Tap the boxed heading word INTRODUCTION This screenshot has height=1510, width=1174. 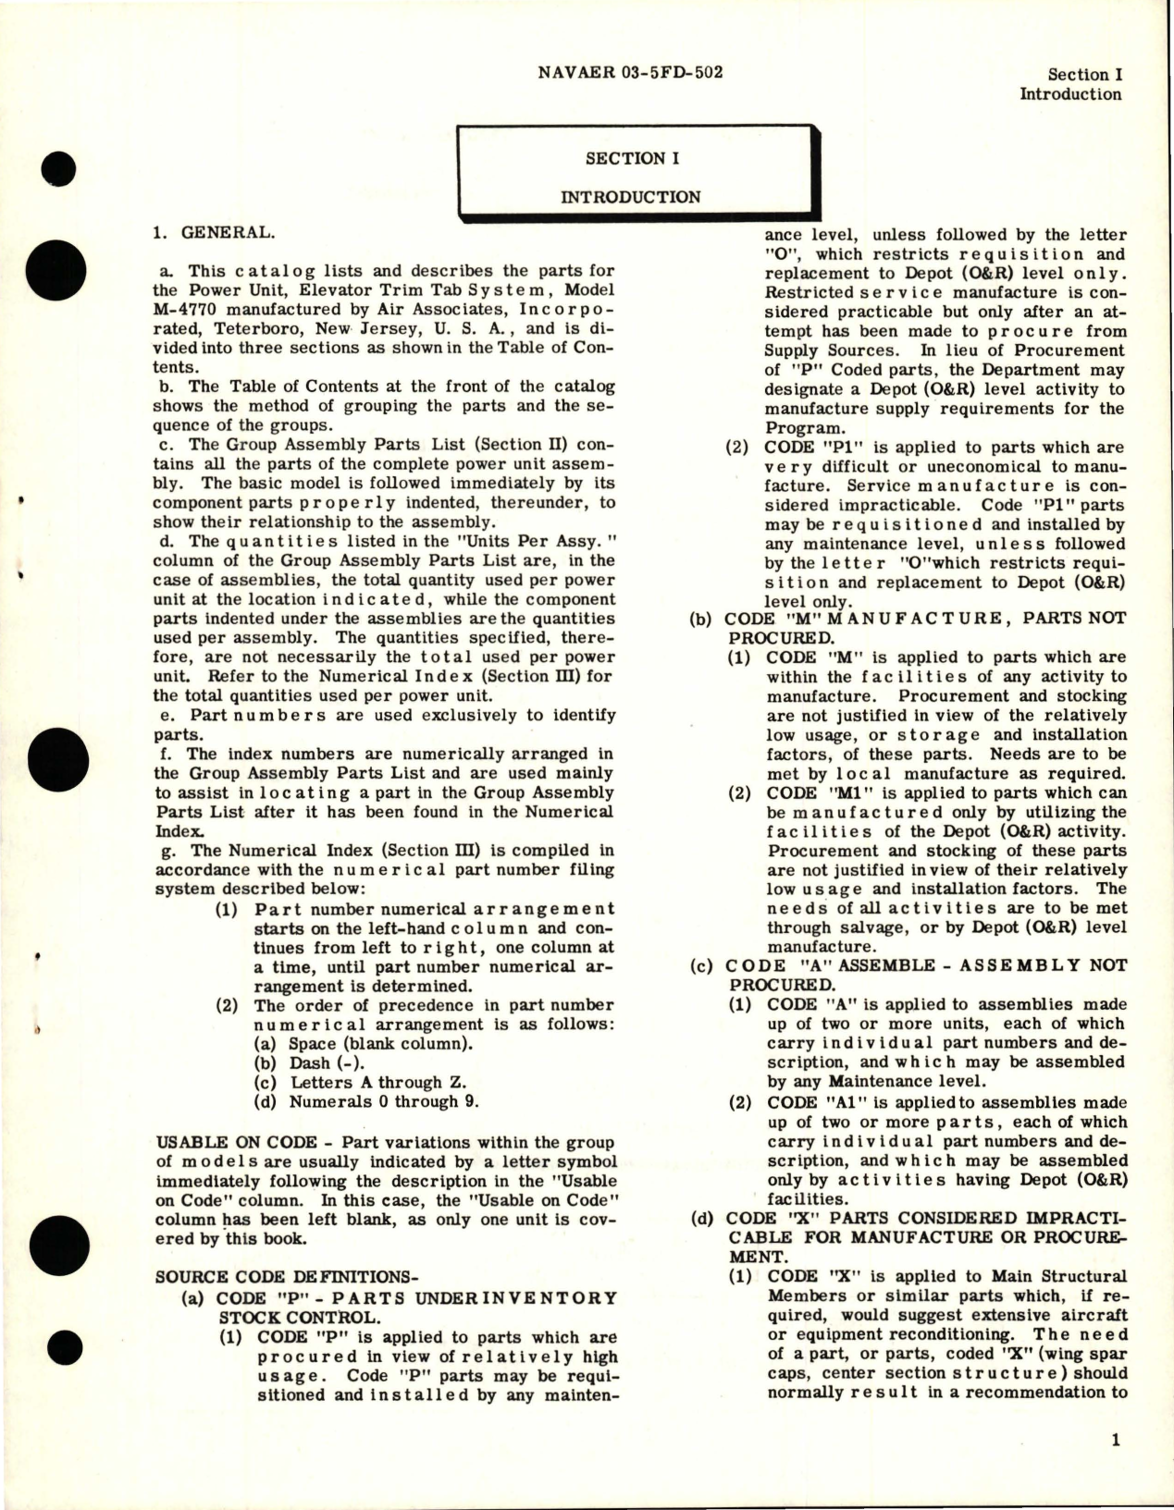[x=631, y=197]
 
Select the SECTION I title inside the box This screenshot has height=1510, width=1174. [x=631, y=158]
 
